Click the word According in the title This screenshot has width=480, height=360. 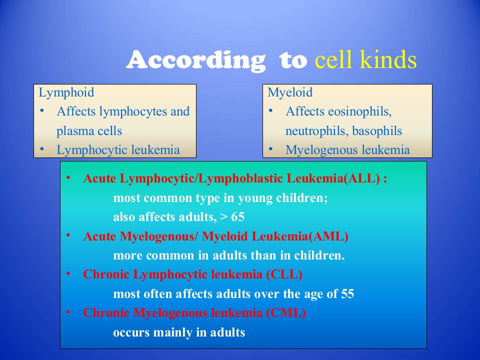(195, 60)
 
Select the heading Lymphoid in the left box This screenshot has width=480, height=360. (66, 92)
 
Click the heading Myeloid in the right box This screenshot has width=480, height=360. (290, 92)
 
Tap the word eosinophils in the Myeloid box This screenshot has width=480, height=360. (359, 111)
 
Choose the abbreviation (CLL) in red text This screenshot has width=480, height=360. (284, 274)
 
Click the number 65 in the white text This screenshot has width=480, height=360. (238, 217)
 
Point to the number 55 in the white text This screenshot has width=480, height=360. (347, 294)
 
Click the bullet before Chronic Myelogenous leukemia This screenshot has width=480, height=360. (68, 312)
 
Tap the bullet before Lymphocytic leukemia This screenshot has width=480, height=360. (42, 149)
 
